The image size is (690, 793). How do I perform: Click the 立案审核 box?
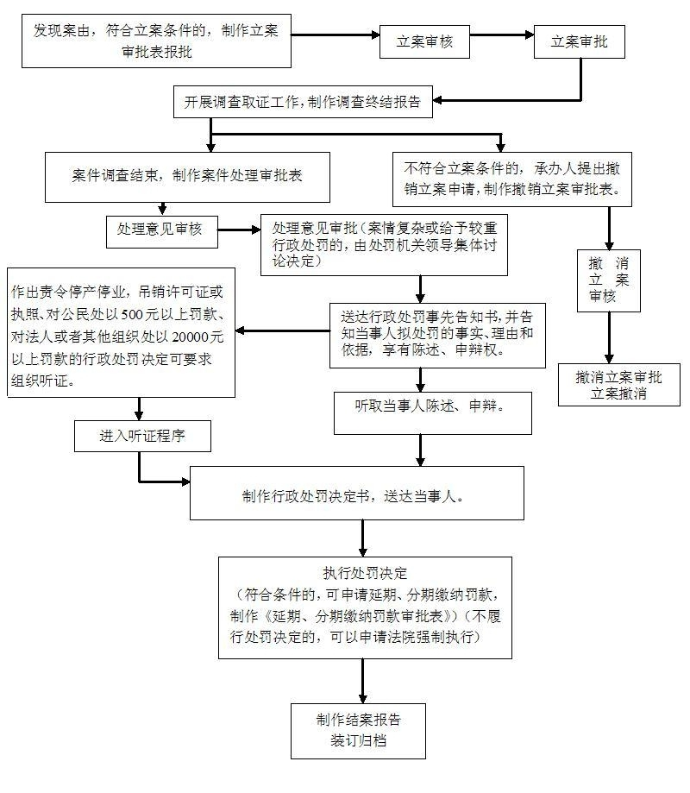pos(424,42)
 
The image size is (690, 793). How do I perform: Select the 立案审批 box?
pos(580,42)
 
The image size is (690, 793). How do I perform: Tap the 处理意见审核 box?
pos(162,231)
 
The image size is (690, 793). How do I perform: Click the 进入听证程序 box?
pos(142,436)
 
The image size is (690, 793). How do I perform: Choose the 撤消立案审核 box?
pos(609,280)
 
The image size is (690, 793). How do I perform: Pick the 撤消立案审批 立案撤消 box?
pos(618,385)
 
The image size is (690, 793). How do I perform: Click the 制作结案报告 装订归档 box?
pos(358,731)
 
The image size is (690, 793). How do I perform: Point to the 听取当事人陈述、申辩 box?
pos(433,413)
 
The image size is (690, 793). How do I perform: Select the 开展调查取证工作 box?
pos(303,102)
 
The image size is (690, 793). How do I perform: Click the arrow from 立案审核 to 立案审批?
pos(502,35)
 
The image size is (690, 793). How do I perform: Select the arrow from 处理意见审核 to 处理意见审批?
pos(239,230)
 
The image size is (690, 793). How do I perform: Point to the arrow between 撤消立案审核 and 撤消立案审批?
pos(610,338)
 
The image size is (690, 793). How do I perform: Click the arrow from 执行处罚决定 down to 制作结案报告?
pos(363,681)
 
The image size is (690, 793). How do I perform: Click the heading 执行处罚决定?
pos(365,573)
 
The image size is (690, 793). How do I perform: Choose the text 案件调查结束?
pos(114,175)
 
